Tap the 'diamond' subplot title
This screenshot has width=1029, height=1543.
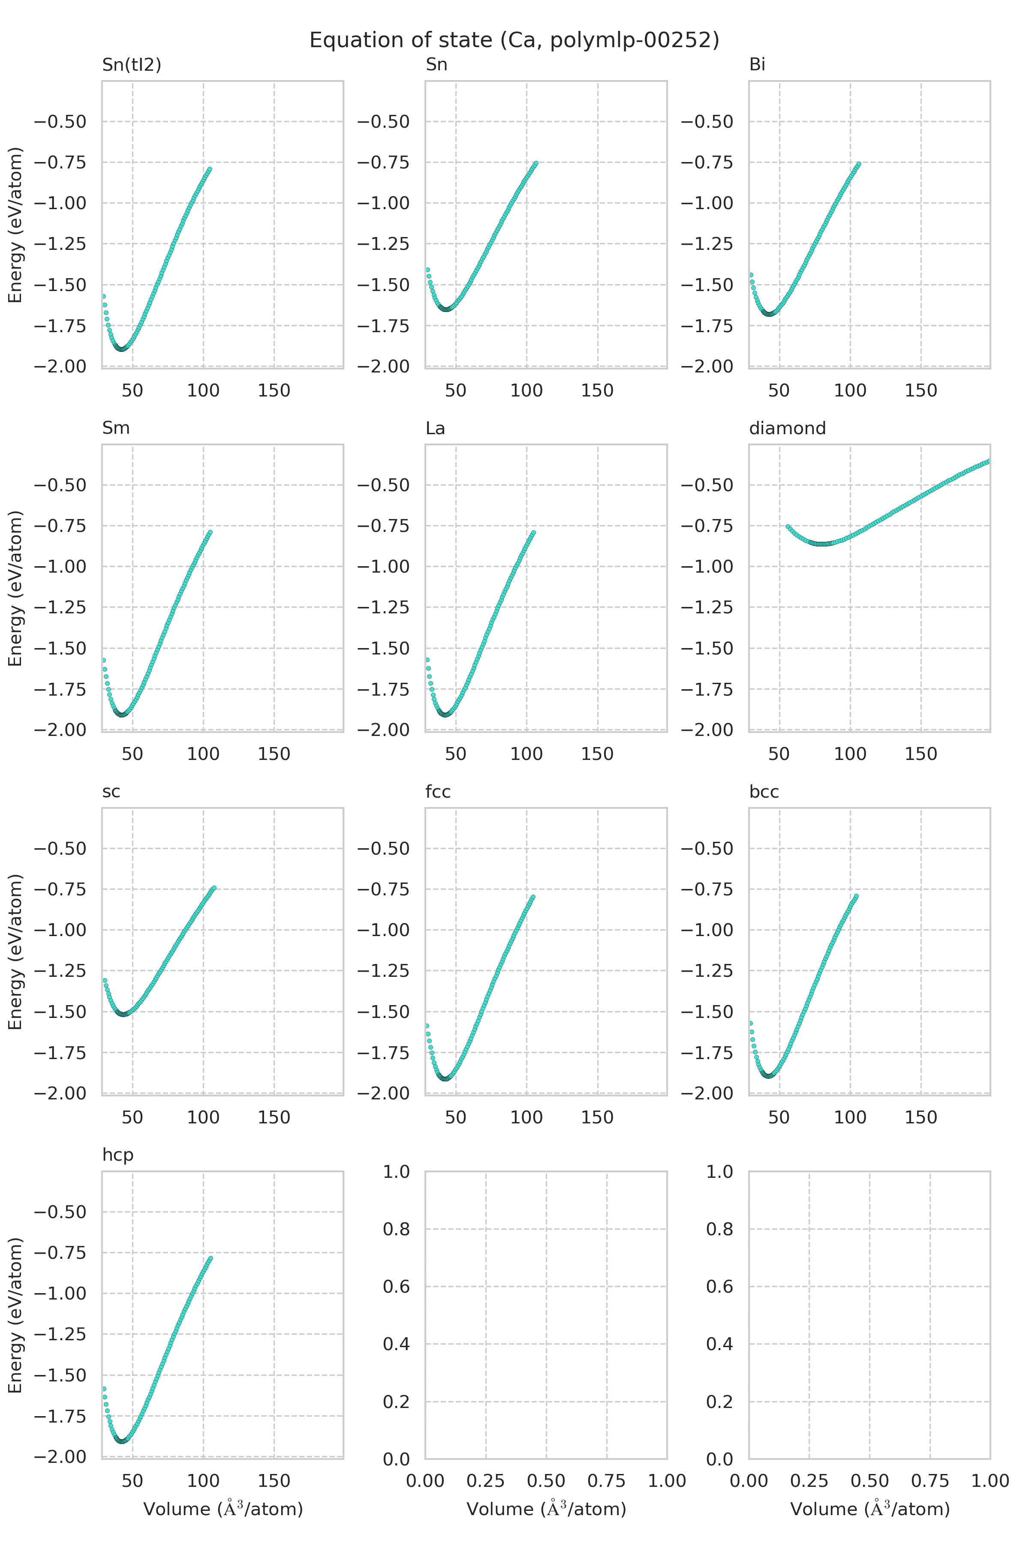(x=787, y=428)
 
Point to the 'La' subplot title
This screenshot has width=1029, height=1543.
(x=435, y=428)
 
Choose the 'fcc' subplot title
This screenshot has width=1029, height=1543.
(x=438, y=792)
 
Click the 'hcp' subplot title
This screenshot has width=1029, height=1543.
(x=117, y=1155)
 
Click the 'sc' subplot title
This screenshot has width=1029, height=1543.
(x=111, y=792)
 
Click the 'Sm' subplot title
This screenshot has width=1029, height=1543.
(x=115, y=428)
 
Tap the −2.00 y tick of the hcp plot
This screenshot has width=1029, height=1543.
(x=60, y=1456)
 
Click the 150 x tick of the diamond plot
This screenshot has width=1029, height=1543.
(x=921, y=754)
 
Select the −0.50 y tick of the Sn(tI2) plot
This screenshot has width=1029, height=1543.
(x=60, y=122)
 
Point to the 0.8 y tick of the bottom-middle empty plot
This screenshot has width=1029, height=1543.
(x=396, y=1229)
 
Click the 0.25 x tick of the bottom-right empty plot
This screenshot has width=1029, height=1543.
(x=809, y=1481)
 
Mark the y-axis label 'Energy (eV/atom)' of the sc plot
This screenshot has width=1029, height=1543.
(x=15, y=951)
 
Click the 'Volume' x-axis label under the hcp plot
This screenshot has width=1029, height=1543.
(x=223, y=1509)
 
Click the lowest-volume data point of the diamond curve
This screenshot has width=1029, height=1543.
(x=788, y=526)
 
